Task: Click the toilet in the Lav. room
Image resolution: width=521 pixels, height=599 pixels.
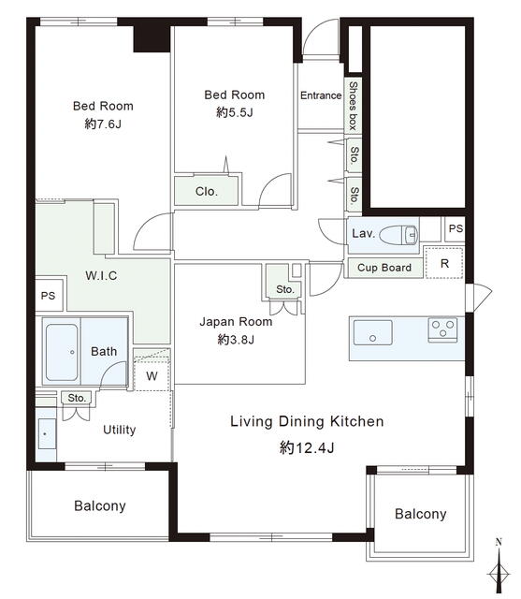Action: (399, 234)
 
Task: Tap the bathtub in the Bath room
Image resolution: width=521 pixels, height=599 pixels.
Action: (62, 352)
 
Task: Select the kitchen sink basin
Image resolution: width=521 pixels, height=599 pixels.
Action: (372, 332)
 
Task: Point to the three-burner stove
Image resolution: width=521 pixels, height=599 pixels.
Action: (442, 329)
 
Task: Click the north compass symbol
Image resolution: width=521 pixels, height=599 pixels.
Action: (499, 566)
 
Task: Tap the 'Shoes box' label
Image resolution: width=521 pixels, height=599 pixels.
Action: (353, 106)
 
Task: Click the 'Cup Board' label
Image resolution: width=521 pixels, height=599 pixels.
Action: (384, 268)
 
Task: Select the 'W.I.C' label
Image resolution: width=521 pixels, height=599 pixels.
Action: (101, 275)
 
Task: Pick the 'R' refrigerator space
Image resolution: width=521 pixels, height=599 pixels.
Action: (444, 263)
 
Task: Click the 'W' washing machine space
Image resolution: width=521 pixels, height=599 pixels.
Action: (152, 374)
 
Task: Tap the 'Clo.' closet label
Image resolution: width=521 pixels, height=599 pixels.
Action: (207, 191)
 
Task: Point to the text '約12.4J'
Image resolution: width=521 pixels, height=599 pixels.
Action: (307, 447)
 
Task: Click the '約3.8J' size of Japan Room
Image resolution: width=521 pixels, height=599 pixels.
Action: (236, 339)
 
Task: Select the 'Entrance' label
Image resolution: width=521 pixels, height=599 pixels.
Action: (321, 95)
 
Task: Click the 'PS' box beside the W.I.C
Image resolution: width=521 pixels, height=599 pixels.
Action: (49, 296)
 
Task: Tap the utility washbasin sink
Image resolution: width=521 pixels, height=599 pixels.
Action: (47, 434)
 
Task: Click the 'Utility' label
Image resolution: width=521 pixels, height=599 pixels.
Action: (120, 431)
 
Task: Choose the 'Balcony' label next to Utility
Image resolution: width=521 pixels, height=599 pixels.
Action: (100, 505)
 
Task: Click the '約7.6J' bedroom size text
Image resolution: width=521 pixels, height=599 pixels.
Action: (103, 124)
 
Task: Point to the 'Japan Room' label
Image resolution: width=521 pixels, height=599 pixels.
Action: (236, 322)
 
